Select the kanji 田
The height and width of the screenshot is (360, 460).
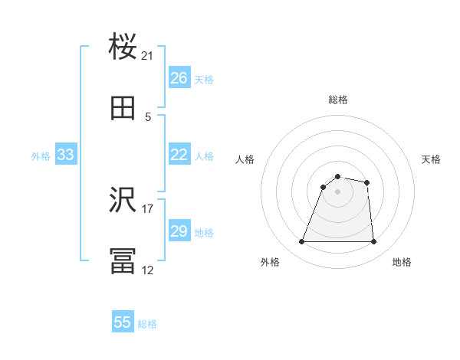click(x=123, y=109)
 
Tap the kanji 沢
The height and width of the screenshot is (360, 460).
click(x=123, y=201)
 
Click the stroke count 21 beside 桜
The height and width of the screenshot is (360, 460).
click(x=148, y=56)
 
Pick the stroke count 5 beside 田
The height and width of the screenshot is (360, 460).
click(x=148, y=117)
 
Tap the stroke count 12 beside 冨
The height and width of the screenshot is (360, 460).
click(x=148, y=270)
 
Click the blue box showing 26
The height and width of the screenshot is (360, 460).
click(x=179, y=78)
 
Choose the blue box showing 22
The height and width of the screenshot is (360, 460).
click(x=179, y=155)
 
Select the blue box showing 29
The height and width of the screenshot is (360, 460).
click(x=179, y=231)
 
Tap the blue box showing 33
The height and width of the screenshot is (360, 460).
click(x=66, y=155)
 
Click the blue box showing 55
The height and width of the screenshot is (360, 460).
click(x=123, y=322)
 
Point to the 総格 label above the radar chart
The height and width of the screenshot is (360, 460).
click(x=338, y=100)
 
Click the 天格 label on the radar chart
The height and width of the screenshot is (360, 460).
click(x=432, y=159)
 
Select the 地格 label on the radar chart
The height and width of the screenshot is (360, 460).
click(x=402, y=262)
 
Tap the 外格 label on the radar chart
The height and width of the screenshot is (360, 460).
click(x=270, y=262)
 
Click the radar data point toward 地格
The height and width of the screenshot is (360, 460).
click(x=373, y=242)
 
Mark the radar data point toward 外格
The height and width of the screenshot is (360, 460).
click(x=302, y=242)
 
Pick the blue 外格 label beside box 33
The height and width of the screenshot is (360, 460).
click(x=41, y=156)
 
